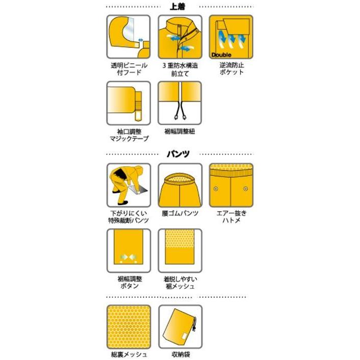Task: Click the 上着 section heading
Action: tap(179, 7)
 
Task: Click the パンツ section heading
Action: tap(179, 153)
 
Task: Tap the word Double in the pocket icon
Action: tap(220, 55)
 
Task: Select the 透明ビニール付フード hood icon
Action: tap(128, 37)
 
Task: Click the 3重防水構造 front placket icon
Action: tap(179, 37)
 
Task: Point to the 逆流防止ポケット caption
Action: tap(231, 69)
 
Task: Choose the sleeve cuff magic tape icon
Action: tap(128, 102)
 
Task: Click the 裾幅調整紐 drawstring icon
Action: tap(179, 102)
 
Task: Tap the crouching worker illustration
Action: tap(128, 184)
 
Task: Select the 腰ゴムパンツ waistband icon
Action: tap(179, 184)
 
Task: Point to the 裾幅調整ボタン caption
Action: tap(128, 282)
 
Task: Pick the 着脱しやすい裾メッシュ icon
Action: tap(179, 250)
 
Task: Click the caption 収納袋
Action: tap(179, 354)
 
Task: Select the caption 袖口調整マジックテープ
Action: tap(128, 135)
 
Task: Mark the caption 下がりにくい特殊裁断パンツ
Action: tap(128, 217)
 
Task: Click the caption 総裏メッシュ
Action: tap(128, 354)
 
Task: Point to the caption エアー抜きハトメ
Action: tap(231, 217)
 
